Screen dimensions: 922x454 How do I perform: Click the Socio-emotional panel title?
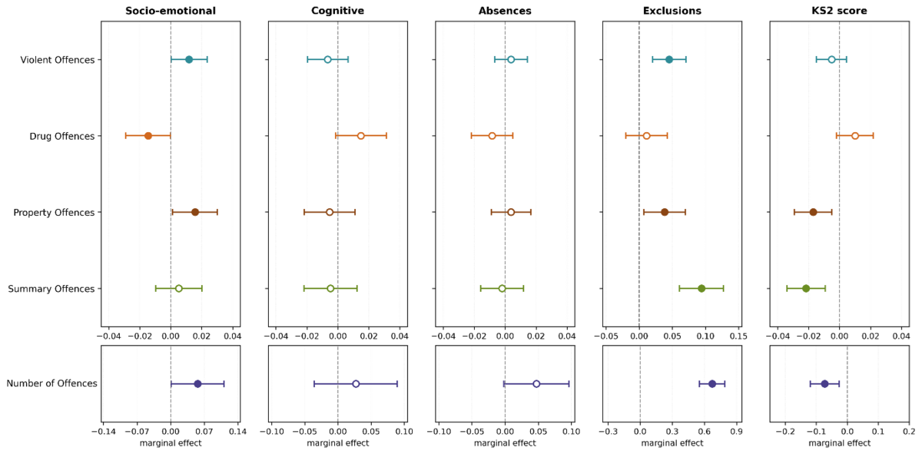coord(171,11)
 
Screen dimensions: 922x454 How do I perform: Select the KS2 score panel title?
coord(839,11)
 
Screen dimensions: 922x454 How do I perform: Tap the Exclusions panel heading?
coord(672,11)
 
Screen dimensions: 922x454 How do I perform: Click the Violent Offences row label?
coord(58,60)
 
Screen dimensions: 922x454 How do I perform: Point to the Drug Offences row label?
coord(62,136)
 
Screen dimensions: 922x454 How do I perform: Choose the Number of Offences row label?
coord(52,383)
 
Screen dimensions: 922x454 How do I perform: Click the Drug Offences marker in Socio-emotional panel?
coord(148,136)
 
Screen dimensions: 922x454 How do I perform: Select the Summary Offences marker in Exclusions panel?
coord(701,289)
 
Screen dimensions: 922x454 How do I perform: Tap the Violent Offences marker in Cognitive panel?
coord(327,60)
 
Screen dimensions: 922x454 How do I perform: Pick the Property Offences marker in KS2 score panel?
coord(814,212)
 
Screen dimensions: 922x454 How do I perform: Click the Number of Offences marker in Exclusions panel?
coord(712,384)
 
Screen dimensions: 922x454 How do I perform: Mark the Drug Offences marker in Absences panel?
coord(492,136)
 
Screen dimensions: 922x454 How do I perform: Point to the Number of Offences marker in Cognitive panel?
coord(356,384)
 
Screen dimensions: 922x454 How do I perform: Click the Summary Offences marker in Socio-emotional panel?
coord(178,289)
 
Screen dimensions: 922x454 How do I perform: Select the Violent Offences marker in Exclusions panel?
coord(669,60)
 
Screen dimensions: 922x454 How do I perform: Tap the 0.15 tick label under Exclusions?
coord(738,336)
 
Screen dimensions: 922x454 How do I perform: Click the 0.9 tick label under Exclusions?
coord(736,432)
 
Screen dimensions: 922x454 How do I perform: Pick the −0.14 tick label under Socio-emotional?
coord(102,432)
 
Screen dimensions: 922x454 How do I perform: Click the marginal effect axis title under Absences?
coord(505,443)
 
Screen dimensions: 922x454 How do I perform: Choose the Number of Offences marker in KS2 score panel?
coord(824,384)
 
